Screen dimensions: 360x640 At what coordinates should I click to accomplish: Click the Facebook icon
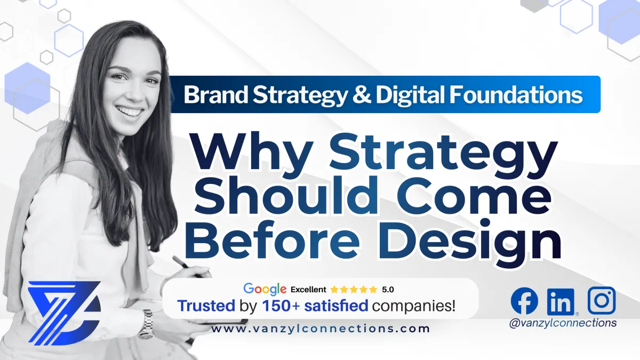(x=524, y=300)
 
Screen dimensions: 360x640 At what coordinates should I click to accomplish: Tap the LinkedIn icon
(x=561, y=301)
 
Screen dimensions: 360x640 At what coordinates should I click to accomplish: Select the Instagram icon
(x=602, y=300)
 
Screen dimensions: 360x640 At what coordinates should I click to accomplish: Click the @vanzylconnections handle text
(x=563, y=323)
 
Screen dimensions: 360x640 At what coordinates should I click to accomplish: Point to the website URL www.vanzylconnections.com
(x=321, y=329)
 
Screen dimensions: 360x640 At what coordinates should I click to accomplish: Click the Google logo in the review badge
(x=265, y=289)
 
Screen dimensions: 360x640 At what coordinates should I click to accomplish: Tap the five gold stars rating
(x=353, y=290)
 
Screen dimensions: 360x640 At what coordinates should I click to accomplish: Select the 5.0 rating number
(x=388, y=290)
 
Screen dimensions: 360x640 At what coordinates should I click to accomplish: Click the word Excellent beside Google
(x=308, y=290)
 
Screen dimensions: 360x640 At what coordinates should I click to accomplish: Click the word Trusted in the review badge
(x=206, y=306)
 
